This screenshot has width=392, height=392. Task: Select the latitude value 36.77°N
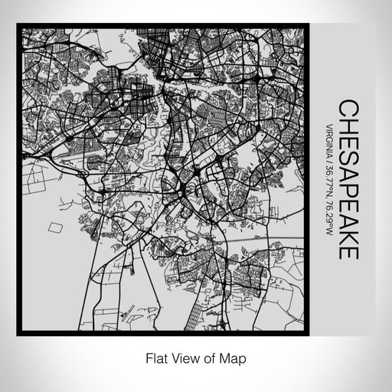pos(328,187)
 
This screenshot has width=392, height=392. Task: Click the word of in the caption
pos(210,357)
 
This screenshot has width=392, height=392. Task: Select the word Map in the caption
pos(233,357)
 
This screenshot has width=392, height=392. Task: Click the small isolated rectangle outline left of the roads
pos(54,227)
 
